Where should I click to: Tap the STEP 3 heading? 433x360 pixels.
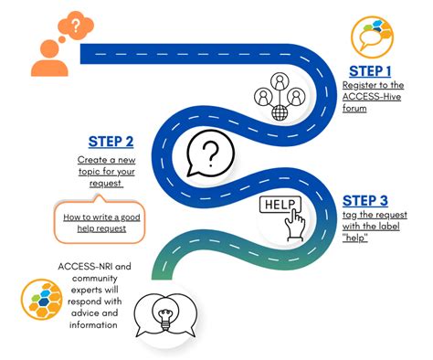[365, 200]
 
